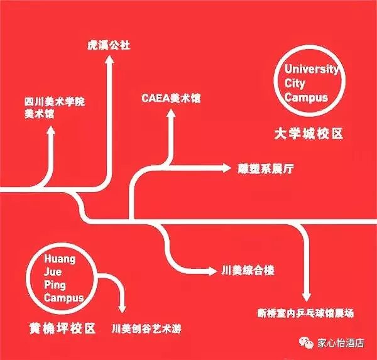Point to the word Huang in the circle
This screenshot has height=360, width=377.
60,259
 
